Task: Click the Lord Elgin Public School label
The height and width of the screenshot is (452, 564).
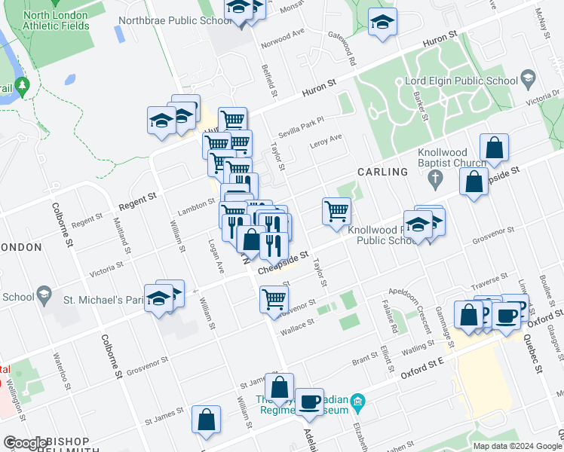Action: [x=461, y=81]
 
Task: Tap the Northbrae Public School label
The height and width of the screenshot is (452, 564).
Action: [x=175, y=20]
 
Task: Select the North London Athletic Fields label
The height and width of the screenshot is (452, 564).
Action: [x=45, y=20]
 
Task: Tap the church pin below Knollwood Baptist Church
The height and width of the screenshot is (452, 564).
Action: [x=434, y=179]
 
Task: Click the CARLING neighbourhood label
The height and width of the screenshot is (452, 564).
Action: [x=383, y=172]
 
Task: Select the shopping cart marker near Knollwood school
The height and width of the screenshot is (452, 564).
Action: [x=336, y=211]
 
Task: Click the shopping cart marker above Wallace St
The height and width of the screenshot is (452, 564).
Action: [x=273, y=298]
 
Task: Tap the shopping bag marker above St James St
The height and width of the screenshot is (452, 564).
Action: [x=279, y=387]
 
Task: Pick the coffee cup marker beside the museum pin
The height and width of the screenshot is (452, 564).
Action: [x=309, y=402]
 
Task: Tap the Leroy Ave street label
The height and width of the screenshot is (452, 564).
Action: [x=326, y=140]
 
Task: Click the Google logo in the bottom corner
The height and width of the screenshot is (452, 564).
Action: [x=25, y=443]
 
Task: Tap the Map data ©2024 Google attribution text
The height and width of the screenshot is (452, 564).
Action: [x=516, y=446]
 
